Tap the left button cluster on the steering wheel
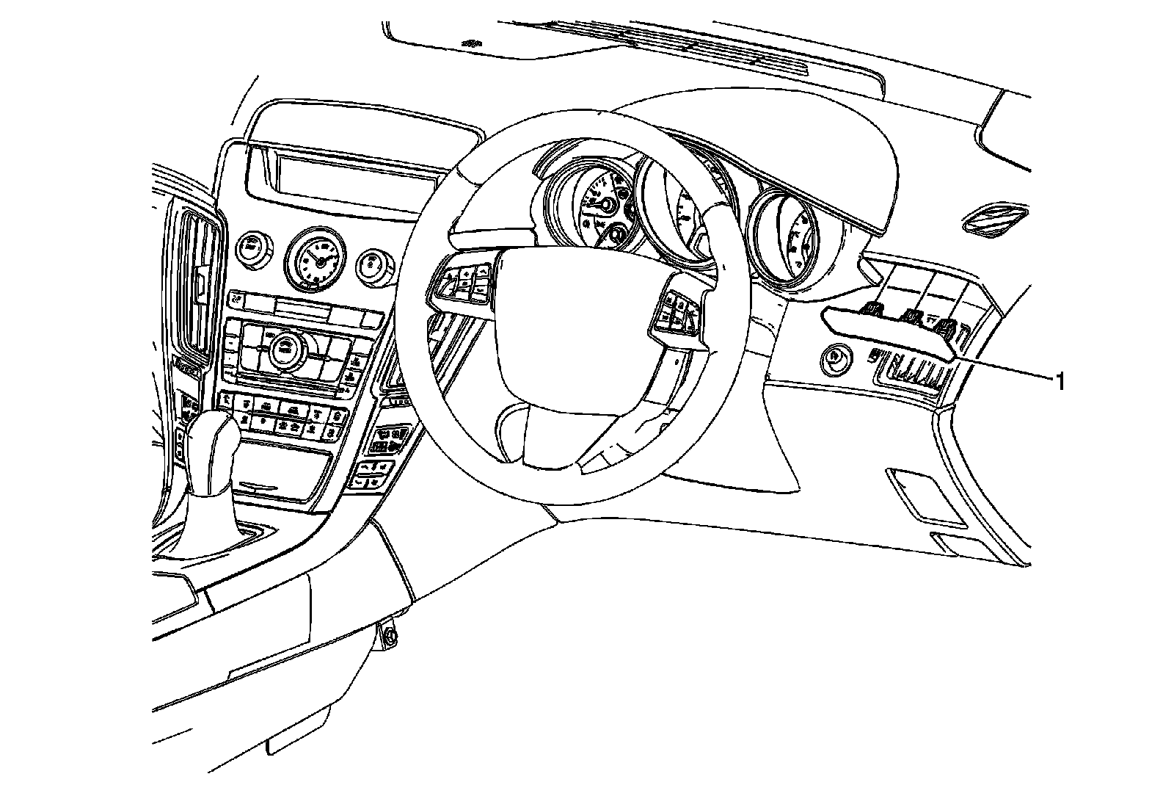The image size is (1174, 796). pyautogui.click(x=467, y=282)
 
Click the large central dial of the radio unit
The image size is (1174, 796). pyautogui.click(x=281, y=349)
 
